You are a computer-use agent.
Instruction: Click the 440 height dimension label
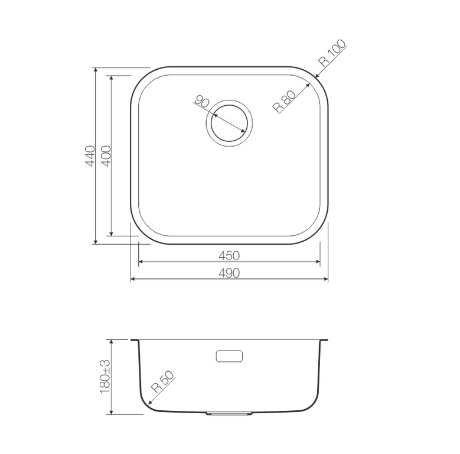pyautogui.click(x=90, y=155)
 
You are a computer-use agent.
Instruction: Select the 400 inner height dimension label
pyautogui.click(x=107, y=155)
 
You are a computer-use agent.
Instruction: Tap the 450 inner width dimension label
pyautogui.click(x=229, y=255)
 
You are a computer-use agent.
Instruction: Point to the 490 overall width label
pyautogui.click(x=229, y=273)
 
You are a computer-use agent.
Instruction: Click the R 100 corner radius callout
pyautogui.click(x=333, y=53)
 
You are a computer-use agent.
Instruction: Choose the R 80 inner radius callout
pyautogui.click(x=284, y=102)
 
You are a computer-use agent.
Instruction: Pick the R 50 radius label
pyautogui.click(x=163, y=382)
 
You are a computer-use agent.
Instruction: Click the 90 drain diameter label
pyautogui.click(x=202, y=101)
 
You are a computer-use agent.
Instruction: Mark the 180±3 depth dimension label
pyautogui.click(x=106, y=377)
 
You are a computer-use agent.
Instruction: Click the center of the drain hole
pyautogui.click(x=229, y=123)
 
